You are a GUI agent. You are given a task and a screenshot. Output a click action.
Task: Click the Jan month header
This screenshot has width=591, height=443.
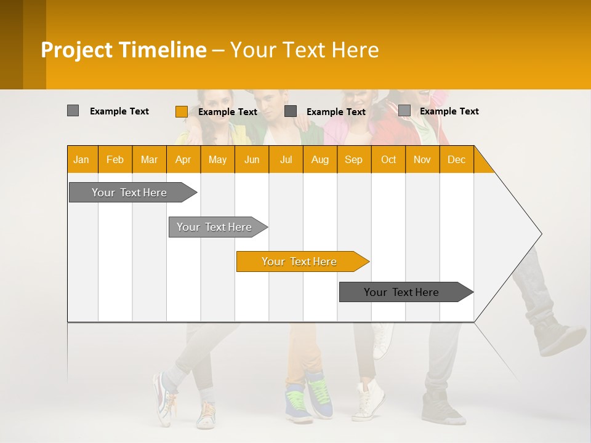81,159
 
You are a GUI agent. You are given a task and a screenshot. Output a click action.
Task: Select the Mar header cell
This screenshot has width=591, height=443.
149,159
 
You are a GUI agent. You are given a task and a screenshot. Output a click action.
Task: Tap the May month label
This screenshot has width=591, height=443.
217,159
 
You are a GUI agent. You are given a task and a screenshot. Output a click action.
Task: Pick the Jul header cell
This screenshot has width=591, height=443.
286,159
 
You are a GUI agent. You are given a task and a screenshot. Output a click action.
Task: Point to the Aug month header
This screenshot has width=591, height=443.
320,159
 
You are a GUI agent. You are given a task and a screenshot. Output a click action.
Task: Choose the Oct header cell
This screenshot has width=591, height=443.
388,159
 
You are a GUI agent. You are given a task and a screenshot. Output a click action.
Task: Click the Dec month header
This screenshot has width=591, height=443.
456,159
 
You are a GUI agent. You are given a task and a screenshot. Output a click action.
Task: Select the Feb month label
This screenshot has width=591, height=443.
115,159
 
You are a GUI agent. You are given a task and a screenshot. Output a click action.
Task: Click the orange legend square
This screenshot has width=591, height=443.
181,111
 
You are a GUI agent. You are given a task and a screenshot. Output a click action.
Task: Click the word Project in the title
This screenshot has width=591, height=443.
77,50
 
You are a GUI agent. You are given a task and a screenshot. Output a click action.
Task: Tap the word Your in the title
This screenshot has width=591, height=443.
252,50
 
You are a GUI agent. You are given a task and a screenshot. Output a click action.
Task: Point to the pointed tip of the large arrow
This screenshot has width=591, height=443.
541,234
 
